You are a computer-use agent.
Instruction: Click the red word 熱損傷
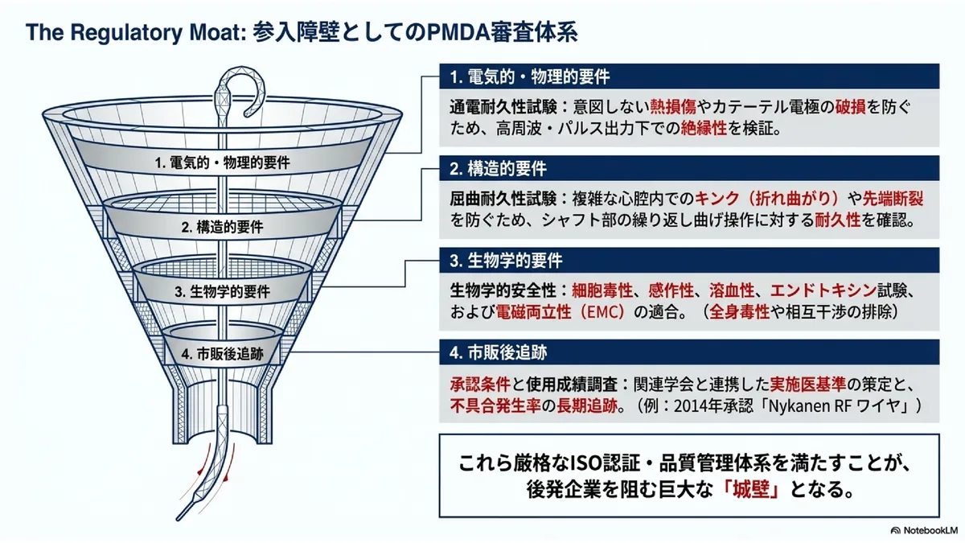(673, 106)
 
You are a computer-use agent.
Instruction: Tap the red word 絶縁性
(704, 128)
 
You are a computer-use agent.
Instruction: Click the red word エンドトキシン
(823, 290)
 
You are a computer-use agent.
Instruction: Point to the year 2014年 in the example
(700, 405)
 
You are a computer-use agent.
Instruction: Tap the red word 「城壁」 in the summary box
(751, 490)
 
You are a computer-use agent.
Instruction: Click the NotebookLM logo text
(928, 530)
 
